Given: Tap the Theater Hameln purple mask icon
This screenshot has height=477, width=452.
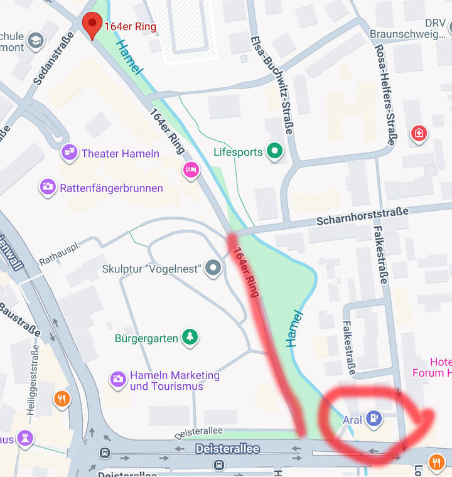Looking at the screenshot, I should [x=69, y=153].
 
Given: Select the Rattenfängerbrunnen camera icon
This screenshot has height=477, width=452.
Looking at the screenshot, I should [x=48, y=186].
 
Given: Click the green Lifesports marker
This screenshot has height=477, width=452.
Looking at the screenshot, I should [x=274, y=151].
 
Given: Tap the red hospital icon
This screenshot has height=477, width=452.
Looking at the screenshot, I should [x=419, y=133].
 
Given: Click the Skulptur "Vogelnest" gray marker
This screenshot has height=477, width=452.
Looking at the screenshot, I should [x=214, y=269].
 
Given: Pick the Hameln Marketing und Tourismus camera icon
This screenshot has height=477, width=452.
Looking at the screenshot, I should [x=118, y=378].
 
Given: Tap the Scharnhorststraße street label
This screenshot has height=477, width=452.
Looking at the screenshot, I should [x=363, y=217].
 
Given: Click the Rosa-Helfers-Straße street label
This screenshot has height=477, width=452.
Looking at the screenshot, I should [x=385, y=94].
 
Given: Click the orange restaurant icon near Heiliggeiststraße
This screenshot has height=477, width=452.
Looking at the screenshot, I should [x=62, y=399].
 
